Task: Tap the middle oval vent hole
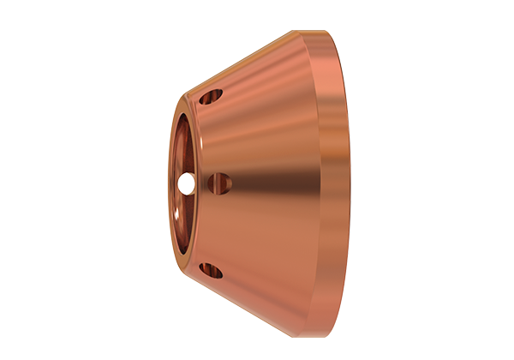220,182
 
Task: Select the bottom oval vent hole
211,272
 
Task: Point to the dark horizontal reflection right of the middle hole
266,182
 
